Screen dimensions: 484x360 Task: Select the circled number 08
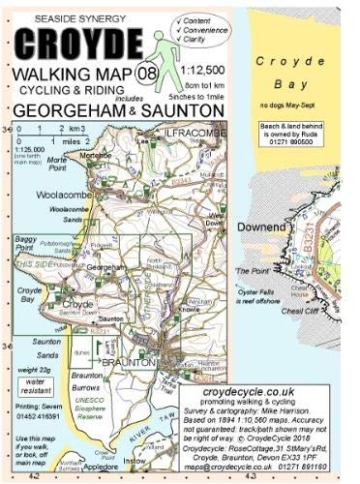point(148,70)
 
